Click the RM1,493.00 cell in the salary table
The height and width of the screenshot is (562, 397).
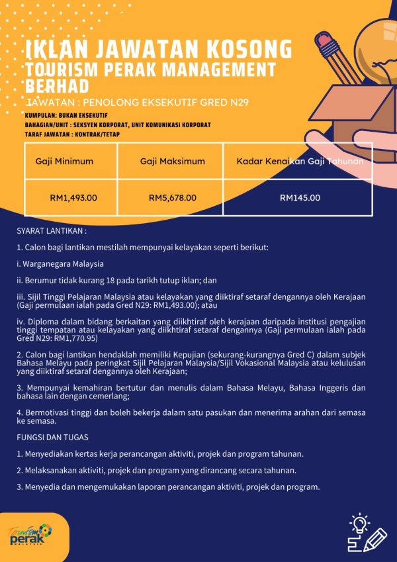(x=73, y=197)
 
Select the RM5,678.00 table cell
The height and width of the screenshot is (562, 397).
(x=173, y=197)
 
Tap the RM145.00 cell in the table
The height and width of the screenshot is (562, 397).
(x=300, y=197)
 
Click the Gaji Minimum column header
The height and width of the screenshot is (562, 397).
(x=64, y=161)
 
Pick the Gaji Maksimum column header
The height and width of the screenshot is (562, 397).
(x=173, y=161)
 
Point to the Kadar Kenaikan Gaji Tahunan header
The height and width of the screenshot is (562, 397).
(x=300, y=161)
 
